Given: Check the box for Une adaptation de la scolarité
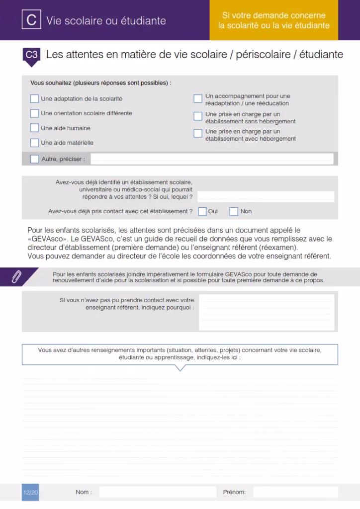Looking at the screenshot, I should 34,98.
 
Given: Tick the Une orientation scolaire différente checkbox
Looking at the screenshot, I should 34,113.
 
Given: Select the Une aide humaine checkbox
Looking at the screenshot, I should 34,128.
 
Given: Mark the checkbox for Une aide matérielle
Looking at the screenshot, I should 34,143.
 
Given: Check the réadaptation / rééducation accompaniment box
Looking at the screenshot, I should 198,99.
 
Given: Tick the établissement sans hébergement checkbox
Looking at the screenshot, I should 198,117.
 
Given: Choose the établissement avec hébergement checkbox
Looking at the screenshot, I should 198,133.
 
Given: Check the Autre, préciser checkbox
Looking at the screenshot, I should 34,159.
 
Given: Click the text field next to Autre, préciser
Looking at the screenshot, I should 212,159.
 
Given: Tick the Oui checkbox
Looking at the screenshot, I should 202,211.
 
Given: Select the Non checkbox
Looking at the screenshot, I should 234,211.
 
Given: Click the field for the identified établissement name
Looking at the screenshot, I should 266,197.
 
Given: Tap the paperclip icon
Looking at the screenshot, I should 17,277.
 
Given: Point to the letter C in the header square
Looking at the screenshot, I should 31,20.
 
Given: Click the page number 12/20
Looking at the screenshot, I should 30,492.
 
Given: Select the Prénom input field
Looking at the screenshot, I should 295,492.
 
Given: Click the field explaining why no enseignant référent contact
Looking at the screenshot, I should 267,313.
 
